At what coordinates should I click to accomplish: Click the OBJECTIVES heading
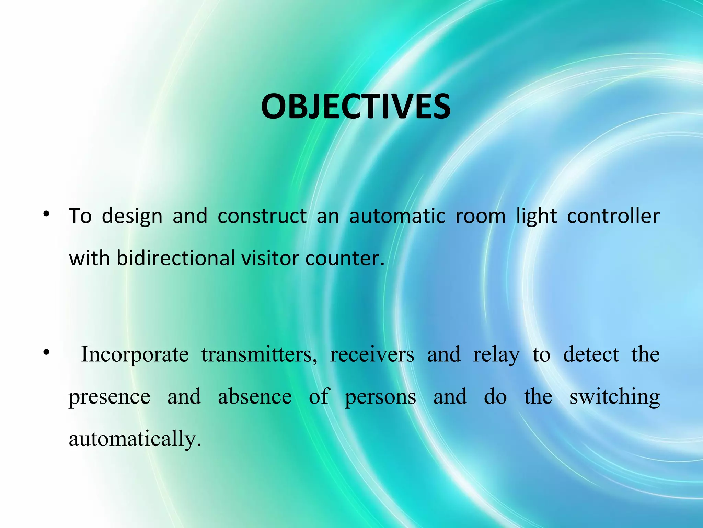click(356, 107)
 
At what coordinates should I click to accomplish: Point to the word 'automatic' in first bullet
click(397, 216)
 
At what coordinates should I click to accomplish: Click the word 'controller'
click(613, 216)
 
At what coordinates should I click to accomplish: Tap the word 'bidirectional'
click(176, 258)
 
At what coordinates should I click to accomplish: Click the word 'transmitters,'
click(259, 354)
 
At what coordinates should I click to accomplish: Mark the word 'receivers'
click(372, 354)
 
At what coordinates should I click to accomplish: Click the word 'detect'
click(591, 354)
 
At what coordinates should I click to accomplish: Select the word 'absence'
click(255, 397)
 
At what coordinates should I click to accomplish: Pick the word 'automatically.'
click(135, 439)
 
